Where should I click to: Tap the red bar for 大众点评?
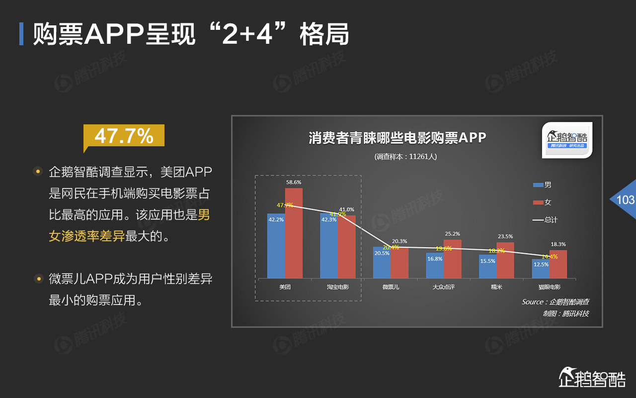click(x=453, y=259)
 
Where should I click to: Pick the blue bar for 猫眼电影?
click(x=541, y=269)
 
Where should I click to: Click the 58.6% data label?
click(x=294, y=183)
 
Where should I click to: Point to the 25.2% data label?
click(x=452, y=234)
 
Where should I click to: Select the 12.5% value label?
click(x=541, y=264)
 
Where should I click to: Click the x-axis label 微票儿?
click(x=391, y=287)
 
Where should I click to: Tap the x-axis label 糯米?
click(x=496, y=287)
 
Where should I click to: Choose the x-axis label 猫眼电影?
click(x=549, y=287)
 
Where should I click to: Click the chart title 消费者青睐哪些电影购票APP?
click(x=397, y=138)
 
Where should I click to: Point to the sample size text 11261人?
click(x=406, y=156)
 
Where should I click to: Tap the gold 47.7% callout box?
click(x=124, y=136)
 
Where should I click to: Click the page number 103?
click(x=625, y=199)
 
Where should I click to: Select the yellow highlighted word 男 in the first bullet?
click(x=204, y=215)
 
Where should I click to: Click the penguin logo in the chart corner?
click(x=566, y=140)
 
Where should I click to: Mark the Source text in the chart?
click(x=555, y=302)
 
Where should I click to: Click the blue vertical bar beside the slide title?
click(x=21, y=34)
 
